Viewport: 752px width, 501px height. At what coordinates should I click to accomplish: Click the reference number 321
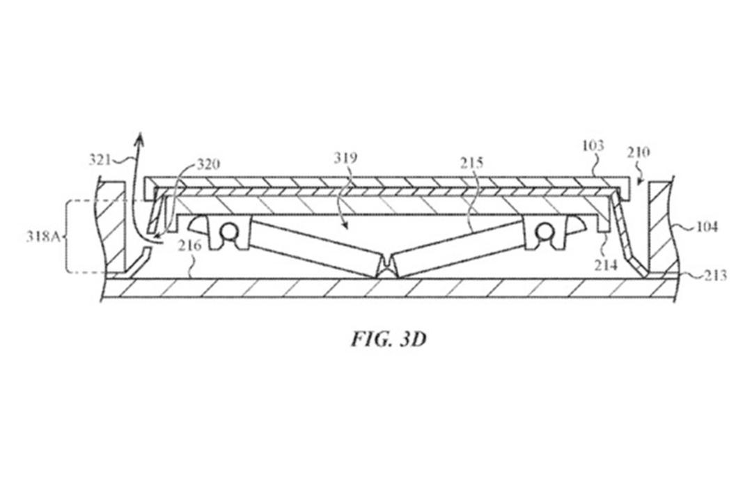point(100,159)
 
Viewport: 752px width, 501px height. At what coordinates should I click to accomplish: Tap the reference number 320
point(208,164)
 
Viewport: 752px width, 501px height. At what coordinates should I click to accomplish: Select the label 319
point(345,158)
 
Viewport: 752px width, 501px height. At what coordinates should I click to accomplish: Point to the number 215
point(472,164)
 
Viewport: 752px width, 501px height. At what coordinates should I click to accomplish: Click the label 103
point(593,145)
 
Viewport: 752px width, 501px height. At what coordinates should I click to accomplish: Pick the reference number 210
point(639,152)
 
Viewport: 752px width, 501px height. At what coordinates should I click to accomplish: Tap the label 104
point(707,226)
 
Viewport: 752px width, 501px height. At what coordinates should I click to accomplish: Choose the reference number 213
point(716,275)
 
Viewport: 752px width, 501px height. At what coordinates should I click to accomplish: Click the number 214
point(606,264)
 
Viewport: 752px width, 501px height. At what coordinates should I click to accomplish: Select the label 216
point(189,246)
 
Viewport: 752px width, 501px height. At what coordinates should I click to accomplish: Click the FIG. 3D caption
point(389,340)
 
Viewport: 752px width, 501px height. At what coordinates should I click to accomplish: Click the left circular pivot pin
point(229,232)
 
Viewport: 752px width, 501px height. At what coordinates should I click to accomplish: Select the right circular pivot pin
point(544,232)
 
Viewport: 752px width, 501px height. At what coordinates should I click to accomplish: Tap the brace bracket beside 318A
point(68,237)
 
